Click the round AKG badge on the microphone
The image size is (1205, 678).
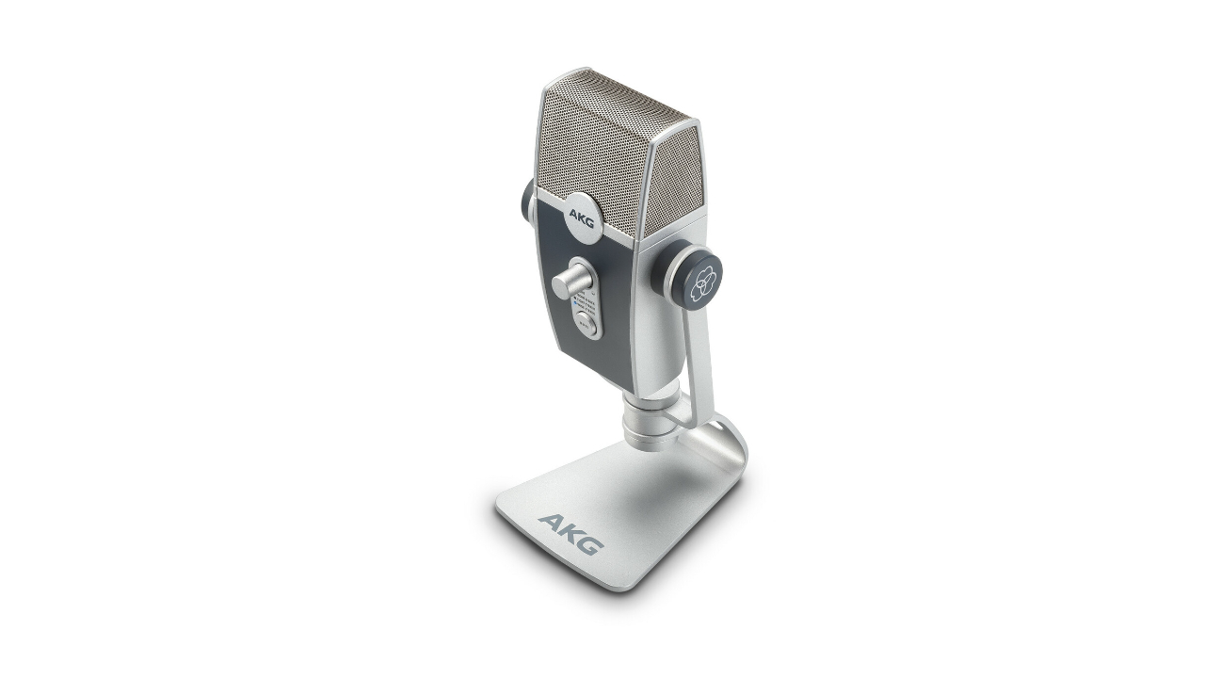click(581, 213)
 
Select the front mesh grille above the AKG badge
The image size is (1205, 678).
click(593, 141)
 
